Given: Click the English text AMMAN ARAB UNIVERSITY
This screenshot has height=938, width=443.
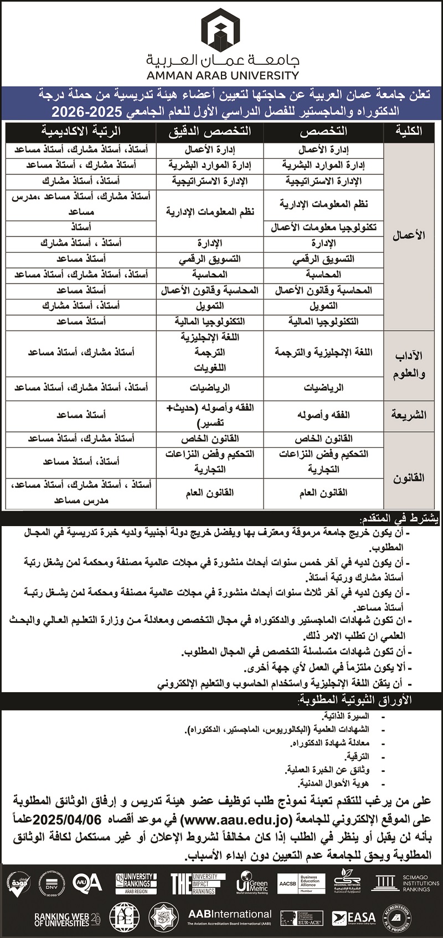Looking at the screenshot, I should click(x=222, y=75).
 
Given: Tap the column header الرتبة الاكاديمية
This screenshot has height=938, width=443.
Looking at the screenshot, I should click(x=81, y=131).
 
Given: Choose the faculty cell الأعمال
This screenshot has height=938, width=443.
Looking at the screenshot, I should click(x=409, y=235).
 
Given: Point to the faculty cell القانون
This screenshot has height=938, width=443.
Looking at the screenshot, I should click(x=409, y=478).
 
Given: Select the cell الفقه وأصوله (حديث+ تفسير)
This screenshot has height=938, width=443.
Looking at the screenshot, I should click(x=210, y=415).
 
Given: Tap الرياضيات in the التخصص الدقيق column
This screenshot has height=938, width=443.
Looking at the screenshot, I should click(x=210, y=388).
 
